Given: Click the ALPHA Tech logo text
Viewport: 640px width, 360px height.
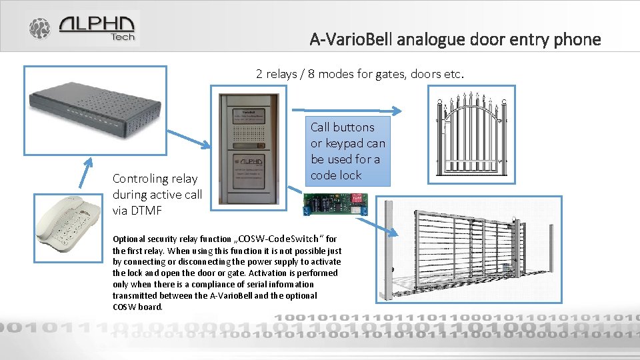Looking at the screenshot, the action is pyautogui.click(x=97, y=27).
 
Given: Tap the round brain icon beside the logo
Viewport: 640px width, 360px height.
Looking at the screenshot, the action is pyautogui.click(x=39, y=28).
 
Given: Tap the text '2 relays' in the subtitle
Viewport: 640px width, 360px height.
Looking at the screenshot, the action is pyautogui.click(x=277, y=74).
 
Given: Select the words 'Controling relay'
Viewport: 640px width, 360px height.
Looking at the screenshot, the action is pyautogui.click(x=155, y=179).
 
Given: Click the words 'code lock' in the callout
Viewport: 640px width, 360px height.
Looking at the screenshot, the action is pyautogui.click(x=336, y=175).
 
